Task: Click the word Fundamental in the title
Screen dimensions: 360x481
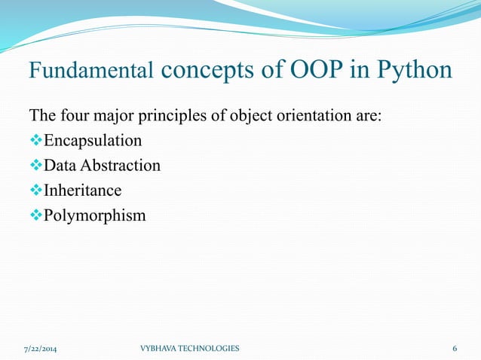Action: pyautogui.click(x=92, y=72)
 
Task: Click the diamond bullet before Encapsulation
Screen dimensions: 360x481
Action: pyautogui.click(x=36, y=141)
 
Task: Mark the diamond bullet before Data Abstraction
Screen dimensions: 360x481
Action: pyautogui.click(x=36, y=166)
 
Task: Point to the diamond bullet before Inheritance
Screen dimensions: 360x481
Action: pyautogui.click(x=36, y=191)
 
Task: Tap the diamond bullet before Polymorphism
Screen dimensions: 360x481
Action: pyautogui.click(x=36, y=215)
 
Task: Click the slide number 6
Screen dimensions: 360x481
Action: pyautogui.click(x=455, y=349)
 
